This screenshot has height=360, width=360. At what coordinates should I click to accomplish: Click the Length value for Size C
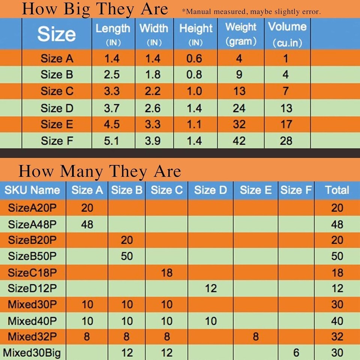click(x=111, y=91)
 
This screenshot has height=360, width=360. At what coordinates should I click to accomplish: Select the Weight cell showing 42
click(x=239, y=141)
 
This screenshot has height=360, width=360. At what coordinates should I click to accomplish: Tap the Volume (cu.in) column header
click(x=287, y=34)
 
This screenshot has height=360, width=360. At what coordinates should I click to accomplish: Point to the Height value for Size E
click(x=194, y=124)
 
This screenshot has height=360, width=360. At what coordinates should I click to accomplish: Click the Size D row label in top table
click(x=57, y=108)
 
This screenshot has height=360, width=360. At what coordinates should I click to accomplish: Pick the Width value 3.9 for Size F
click(x=153, y=141)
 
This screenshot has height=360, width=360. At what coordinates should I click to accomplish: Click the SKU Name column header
click(x=32, y=190)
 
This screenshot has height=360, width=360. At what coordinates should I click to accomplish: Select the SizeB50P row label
click(x=32, y=256)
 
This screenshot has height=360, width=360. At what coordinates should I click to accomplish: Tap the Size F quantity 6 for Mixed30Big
click(x=296, y=352)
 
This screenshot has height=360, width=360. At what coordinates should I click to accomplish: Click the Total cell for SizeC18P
click(x=337, y=272)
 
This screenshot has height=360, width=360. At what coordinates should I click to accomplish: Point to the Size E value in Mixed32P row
click(x=255, y=336)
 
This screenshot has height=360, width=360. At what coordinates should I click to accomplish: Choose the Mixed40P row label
click(x=32, y=321)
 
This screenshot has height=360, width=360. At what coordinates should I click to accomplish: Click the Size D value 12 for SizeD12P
click(x=211, y=288)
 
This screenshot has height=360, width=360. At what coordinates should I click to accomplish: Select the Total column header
click(x=337, y=190)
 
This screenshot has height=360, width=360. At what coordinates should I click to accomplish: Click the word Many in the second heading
click(x=81, y=171)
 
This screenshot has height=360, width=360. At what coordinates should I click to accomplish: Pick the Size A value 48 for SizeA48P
click(x=87, y=224)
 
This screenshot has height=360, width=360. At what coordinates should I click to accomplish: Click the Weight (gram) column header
click(x=241, y=34)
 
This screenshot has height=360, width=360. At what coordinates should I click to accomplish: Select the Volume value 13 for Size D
click(x=286, y=108)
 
